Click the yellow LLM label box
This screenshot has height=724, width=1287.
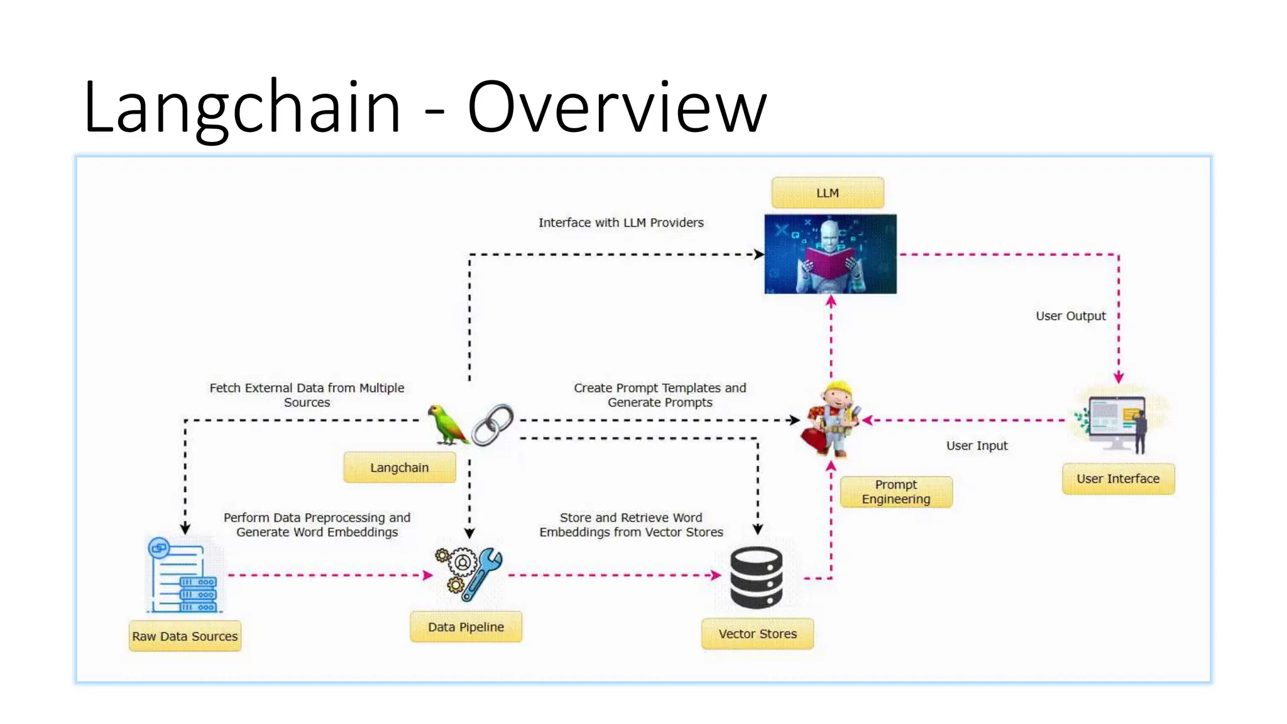[827, 192]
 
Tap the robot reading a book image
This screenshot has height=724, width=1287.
[830, 254]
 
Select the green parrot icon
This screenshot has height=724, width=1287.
[447, 425]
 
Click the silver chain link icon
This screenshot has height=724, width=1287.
[493, 425]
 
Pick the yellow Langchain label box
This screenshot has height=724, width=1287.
[399, 468]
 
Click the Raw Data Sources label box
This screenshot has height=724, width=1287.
[185, 636]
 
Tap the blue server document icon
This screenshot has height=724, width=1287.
[184, 574]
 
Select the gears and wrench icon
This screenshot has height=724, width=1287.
[469, 573]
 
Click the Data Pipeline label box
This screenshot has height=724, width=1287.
[466, 627]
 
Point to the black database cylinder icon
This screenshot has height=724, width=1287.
[756, 577]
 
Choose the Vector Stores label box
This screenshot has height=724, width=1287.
[757, 633]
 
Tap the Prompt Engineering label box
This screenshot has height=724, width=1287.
[895, 491]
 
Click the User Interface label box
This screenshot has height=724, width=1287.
[1117, 478]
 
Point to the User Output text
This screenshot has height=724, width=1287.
[1070, 315]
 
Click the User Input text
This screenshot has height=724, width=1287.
[977, 446]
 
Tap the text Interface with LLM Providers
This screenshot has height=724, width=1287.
[620, 222]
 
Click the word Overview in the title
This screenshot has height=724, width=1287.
[616, 107]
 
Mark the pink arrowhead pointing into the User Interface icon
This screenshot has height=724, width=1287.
[1119, 377]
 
